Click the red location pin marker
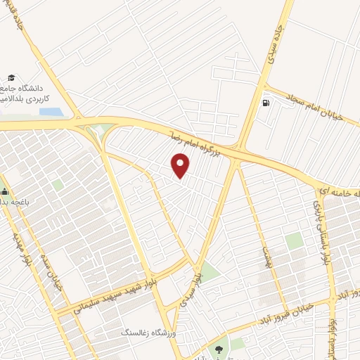[x=181, y=164]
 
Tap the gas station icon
[x=265, y=103]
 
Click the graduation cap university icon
[x=11, y=78]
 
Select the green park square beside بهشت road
[x=295, y=241]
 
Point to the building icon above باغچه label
[x=4, y=190]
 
